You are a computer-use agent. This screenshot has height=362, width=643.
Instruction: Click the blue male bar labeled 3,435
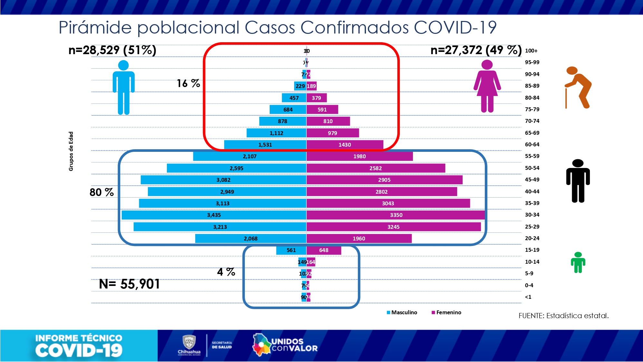(x=214, y=215)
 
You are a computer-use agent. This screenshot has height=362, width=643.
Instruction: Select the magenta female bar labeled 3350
(x=396, y=215)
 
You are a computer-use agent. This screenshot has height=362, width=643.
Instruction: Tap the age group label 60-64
(x=532, y=144)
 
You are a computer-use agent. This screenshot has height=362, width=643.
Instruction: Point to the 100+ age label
(x=531, y=51)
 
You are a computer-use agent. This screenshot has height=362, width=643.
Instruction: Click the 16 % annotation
(x=188, y=83)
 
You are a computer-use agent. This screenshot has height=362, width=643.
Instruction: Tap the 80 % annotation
(x=101, y=192)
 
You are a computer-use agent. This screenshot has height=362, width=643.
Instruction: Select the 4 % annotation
(x=226, y=272)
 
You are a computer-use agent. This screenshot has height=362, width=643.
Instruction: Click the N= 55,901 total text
(x=130, y=284)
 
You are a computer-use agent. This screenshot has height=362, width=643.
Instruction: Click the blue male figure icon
(x=124, y=87)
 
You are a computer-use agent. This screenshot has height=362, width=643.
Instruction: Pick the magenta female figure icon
(x=487, y=86)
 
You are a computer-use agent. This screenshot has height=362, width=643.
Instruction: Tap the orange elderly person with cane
(x=578, y=87)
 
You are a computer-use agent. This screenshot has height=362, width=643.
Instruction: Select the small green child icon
(x=578, y=262)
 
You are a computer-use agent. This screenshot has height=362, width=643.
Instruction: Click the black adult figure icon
(x=578, y=181)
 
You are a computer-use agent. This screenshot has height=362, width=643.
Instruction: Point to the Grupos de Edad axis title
(x=71, y=151)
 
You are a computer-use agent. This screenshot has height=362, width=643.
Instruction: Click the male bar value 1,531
(x=265, y=145)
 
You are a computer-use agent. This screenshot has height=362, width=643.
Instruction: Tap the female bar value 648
(x=323, y=250)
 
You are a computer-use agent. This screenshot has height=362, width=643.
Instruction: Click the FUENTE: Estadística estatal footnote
(x=563, y=316)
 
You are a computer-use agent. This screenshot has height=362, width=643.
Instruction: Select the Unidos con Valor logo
(x=285, y=345)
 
